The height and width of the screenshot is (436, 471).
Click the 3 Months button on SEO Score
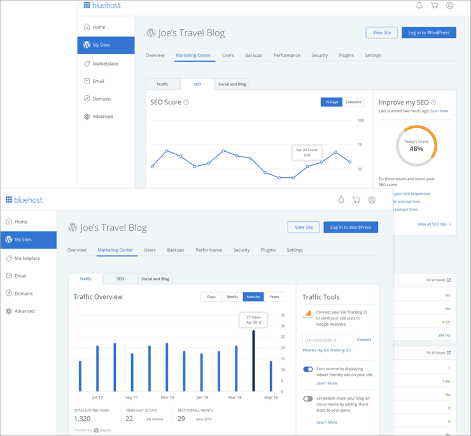point(353,102)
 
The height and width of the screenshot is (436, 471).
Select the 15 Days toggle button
point(332,102)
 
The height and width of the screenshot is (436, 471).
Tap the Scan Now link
point(439,111)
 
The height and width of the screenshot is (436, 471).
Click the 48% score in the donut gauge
point(416,149)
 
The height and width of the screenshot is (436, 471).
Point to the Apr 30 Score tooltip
point(307,152)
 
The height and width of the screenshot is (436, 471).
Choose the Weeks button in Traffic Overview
point(232,296)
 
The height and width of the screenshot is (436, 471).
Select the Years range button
point(274,296)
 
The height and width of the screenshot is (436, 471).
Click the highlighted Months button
point(253,296)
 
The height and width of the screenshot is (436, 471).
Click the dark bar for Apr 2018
point(253,361)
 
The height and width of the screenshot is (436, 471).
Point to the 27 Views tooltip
point(253,320)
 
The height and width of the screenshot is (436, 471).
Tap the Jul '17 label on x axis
point(97,397)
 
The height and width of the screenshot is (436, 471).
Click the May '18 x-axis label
point(271,397)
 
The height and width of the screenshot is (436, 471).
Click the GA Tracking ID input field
point(327,340)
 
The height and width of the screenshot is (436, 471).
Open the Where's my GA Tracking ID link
point(327,351)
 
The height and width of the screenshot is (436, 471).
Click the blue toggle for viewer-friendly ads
point(308,369)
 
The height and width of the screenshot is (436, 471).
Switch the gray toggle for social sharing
point(308,399)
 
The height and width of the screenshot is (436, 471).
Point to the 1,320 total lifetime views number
point(83,419)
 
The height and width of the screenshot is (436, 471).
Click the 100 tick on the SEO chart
point(360,120)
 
